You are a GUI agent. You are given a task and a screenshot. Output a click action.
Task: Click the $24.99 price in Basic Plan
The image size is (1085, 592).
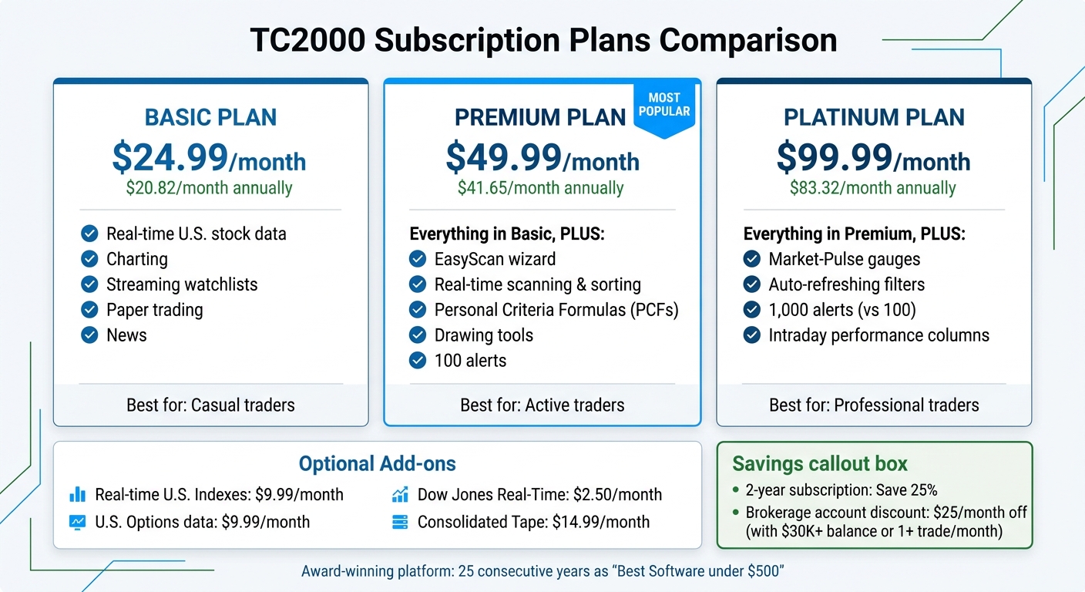[170, 157]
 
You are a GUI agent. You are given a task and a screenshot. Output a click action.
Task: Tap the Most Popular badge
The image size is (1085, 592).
[663, 106]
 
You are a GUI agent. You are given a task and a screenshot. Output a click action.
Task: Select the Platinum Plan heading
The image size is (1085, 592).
[874, 117]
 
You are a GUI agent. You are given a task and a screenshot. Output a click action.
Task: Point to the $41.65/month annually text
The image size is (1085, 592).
[540, 188]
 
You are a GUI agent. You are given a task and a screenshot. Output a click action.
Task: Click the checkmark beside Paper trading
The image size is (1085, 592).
[89, 310]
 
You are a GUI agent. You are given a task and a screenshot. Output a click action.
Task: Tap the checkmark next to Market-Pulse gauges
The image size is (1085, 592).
[751, 259]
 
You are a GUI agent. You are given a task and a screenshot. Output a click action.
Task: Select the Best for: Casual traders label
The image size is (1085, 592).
[210, 405]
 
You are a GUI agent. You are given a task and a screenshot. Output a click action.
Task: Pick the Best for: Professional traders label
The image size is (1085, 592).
[874, 405]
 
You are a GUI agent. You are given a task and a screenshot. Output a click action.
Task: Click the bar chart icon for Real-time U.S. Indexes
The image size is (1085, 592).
[78, 495]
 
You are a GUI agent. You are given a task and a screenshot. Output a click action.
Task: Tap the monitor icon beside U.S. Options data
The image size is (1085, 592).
[78, 522]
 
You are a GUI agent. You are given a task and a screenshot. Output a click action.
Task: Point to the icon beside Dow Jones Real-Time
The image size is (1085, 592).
[400, 495]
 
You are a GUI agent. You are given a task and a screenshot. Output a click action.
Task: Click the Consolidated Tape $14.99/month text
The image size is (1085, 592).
[533, 522]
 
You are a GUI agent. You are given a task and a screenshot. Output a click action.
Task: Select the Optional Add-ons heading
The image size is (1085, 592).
[377, 463]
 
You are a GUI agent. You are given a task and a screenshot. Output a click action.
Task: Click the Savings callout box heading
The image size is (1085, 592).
[820, 463]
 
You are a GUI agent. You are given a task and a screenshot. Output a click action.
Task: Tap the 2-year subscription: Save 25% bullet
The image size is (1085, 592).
[841, 490]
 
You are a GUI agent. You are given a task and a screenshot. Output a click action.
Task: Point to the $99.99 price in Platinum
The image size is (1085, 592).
[834, 157]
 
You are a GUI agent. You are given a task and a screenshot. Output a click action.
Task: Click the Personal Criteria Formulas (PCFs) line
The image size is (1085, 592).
[556, 310]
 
